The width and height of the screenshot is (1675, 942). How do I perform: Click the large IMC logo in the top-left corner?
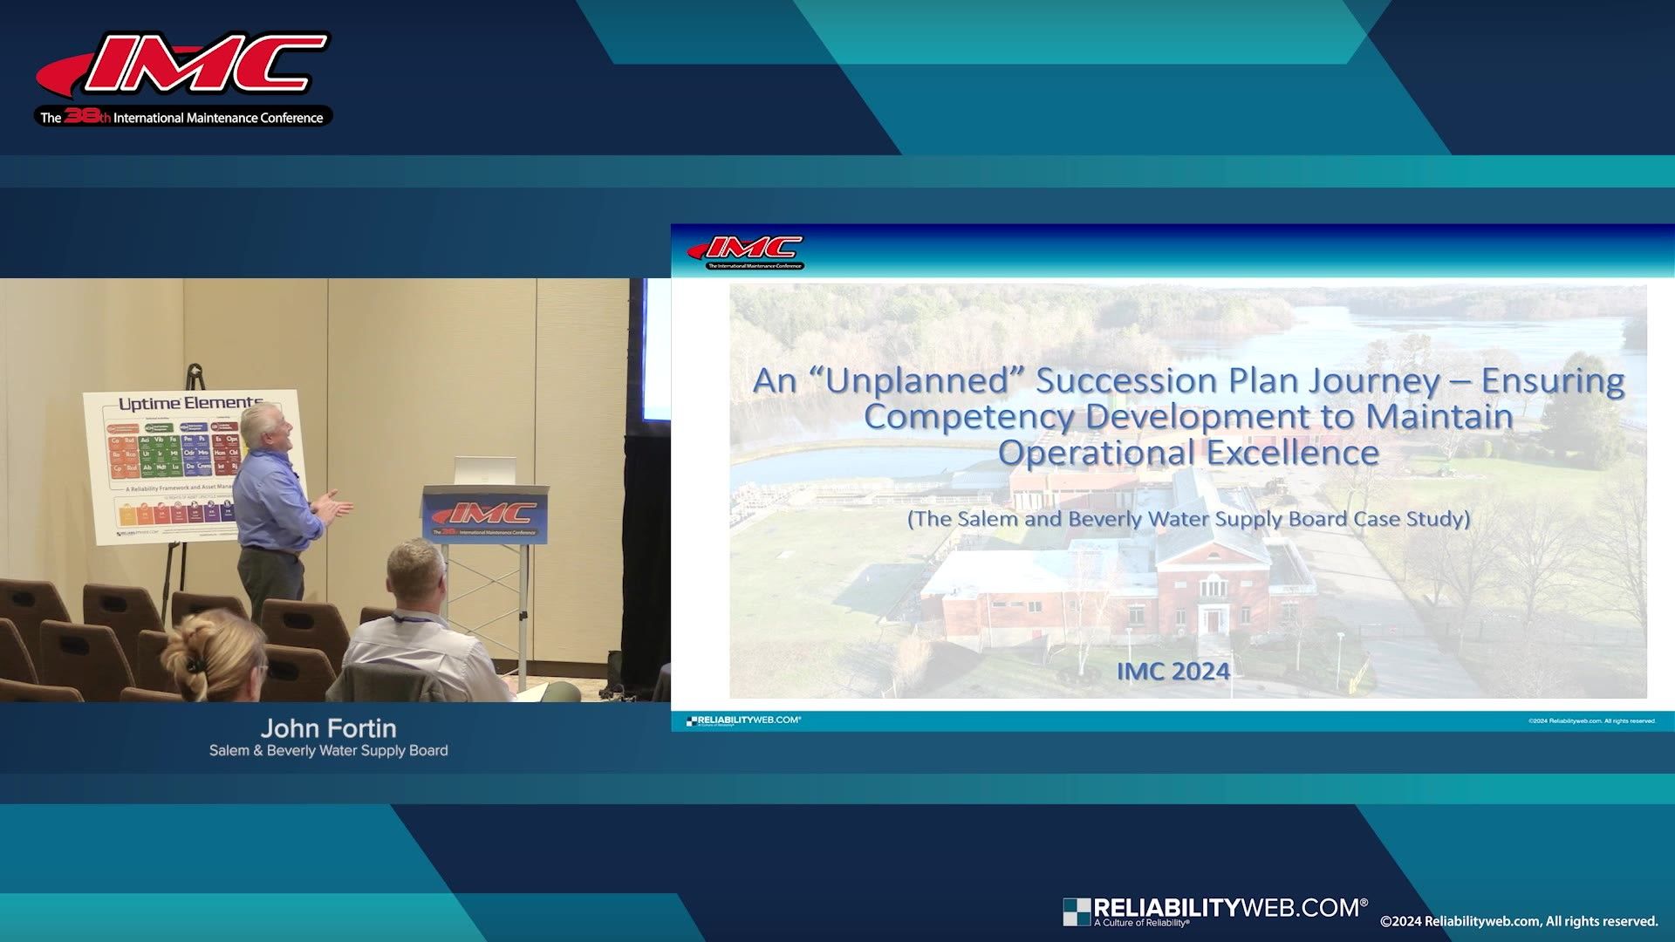tap(183, 65)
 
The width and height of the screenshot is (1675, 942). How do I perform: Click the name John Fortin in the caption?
tap(328, 728)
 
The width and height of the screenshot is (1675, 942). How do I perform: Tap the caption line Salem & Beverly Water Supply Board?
tap(328, 751)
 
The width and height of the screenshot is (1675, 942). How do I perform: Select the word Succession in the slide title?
tap(1126, 381)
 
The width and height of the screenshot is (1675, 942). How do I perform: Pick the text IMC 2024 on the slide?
tap(1173, 671)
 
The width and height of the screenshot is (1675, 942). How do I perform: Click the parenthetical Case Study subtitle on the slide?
tap(1188, 519)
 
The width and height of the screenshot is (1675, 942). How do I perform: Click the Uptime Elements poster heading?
tap(189, 404)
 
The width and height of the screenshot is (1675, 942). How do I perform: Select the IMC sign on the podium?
tap(485, 515)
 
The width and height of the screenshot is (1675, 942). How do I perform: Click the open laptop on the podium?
tap(484, 470)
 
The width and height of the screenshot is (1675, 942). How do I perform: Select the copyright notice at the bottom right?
tap(1519, 921)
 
